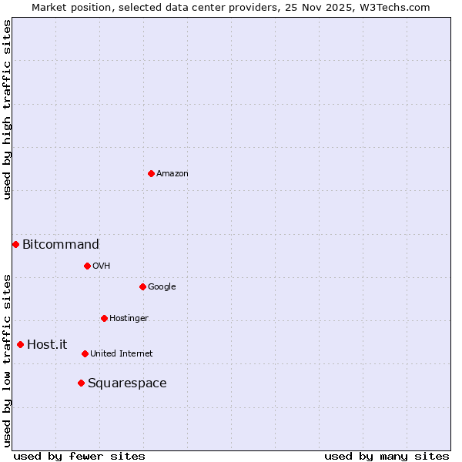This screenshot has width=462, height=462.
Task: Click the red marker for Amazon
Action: pos(151,173)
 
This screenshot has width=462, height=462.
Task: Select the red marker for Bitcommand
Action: pos(15,244)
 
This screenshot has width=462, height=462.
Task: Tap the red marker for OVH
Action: pos(87,266)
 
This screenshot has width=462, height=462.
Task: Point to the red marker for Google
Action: pos(142,286)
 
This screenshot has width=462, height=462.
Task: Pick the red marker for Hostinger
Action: pos(104,318)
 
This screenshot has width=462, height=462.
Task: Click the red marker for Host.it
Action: pos(20,344)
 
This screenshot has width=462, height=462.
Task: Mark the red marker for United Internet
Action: pos(85,353)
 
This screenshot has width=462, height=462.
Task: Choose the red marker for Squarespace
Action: pos(81,383)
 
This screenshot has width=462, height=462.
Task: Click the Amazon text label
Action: pos(172,173)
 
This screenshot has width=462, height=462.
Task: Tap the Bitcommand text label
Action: pos(61,245)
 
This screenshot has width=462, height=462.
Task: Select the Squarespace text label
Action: pos(127,383)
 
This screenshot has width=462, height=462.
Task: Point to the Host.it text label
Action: pos(47,345)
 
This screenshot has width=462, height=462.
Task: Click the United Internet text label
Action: pos(122,354)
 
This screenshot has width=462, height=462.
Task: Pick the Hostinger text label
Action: pos(129,319)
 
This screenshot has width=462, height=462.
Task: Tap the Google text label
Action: pos(162,287)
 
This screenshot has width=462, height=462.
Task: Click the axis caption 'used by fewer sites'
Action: pos(79,456)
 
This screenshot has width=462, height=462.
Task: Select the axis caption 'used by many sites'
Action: pos(387,456)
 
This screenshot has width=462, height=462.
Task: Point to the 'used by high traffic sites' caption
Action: pos(7,110)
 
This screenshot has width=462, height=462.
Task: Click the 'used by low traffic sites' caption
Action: pos(7,360)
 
